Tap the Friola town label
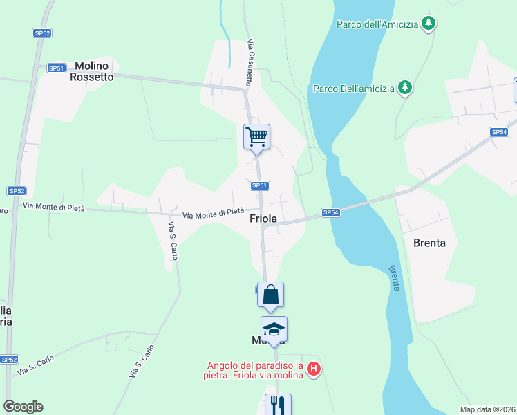point(263,219)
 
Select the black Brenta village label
point(429,243)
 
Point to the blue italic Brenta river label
point(393,278)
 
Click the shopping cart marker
point(256,136)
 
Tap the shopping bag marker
point(270,295)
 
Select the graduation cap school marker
point(274,329)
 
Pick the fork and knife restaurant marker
point(278,405)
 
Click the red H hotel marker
point(313,369)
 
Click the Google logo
point(23,407)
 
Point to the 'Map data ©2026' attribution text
point(487,409)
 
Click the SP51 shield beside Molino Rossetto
point(57,68)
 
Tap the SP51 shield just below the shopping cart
point(259,185)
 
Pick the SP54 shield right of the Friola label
point(330,212)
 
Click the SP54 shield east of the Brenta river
point(499,131)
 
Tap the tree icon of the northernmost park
point(429,24)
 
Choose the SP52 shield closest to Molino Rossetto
point(42,33)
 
